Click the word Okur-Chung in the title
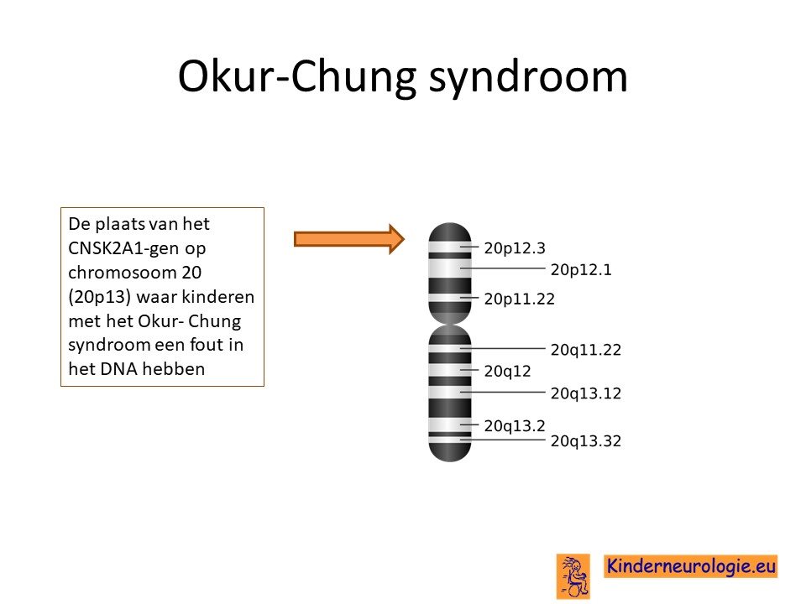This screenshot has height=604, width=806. [296, 77]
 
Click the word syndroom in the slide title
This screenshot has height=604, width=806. [528, 78]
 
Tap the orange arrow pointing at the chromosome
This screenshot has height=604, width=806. [349, 239]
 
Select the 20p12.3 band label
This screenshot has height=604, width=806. [515, 248]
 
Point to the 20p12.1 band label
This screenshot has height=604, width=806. [581, 269]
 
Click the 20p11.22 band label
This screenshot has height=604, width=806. [519, 299]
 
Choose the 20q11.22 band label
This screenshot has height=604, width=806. [585, 350]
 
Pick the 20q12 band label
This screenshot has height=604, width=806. [507, 372]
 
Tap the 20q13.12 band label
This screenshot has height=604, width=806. [585, 393]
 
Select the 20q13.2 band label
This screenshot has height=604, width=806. [515, 426]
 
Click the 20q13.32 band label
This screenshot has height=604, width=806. [585, 441]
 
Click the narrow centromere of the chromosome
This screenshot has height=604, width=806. [450, 323]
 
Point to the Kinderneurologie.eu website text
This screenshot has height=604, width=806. [691, 566]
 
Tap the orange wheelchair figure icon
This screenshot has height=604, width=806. [573, 575]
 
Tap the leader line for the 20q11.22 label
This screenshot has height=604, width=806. [502, 348]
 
